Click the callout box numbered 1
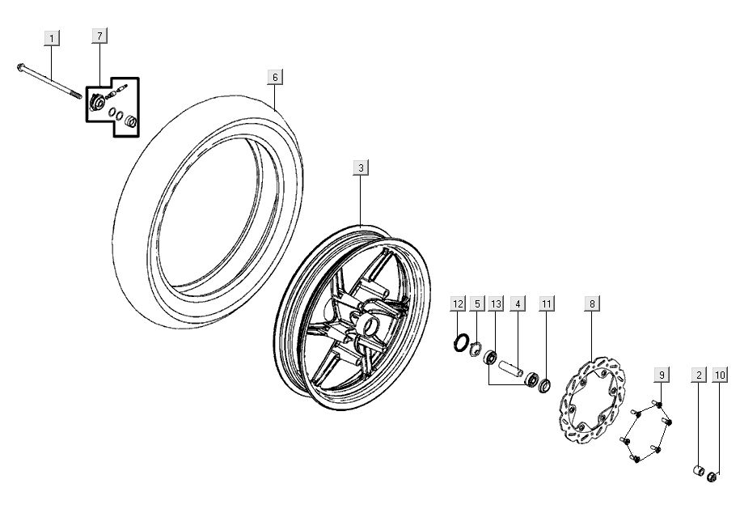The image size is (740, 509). click(52, 38)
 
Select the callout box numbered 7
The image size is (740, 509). click(99, 36)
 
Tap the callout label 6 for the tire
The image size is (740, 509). click(275, 77)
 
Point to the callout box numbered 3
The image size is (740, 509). click(362, 168)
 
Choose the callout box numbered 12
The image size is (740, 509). click(458, 303)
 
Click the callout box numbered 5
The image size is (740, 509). click(477, 303)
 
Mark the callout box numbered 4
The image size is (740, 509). click(518, 303)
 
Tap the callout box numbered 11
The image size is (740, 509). click(547, 303)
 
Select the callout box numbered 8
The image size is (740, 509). click(592, 303)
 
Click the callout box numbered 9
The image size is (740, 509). click(662, 375)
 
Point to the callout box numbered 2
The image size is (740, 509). click(698, 375)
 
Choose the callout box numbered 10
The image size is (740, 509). click(719, 375)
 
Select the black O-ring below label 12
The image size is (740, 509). click(461, 343)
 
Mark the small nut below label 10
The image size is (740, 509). click(712, 477)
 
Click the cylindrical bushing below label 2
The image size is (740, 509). click(696, 471)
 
